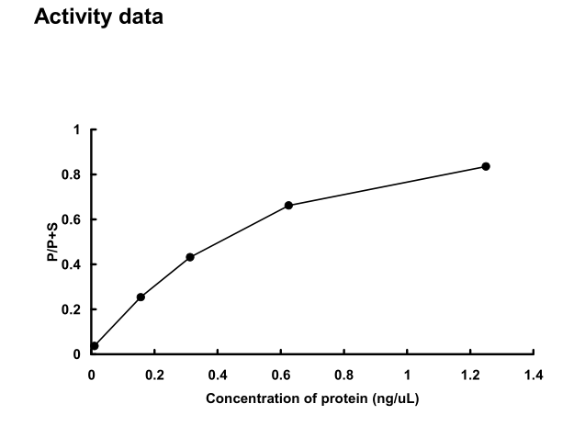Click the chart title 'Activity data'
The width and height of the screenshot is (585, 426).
click(98, 17)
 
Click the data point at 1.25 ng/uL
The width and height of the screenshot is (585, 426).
click(486, 166)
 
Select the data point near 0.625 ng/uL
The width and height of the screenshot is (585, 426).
click(288, 205)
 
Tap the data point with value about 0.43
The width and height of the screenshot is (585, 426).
click(190, 257)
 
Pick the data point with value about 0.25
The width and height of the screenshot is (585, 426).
click(141, 297)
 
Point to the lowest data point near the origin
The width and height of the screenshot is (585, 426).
click(95, 346)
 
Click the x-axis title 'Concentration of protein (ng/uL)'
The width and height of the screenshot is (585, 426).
click(313, 398)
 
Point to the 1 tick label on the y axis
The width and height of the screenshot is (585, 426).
click(78, 129)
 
